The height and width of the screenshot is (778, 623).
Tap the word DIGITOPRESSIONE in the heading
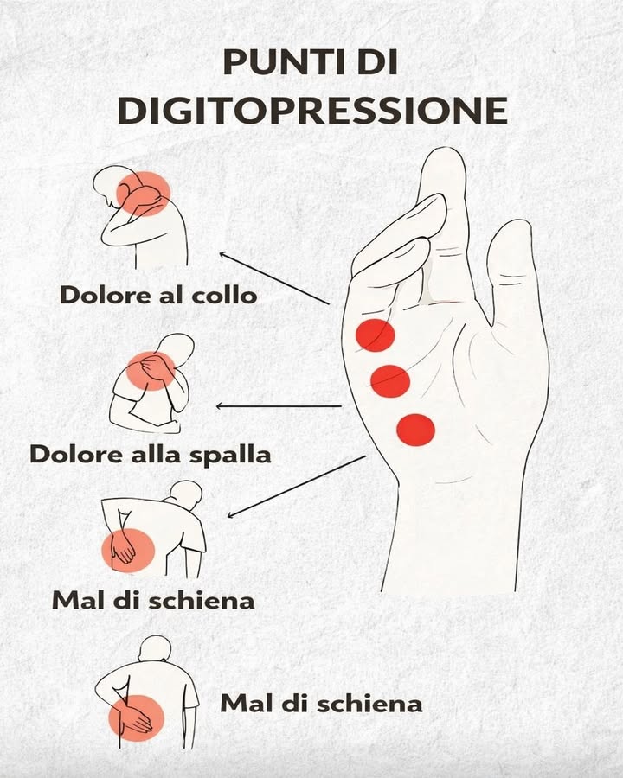[311, 110]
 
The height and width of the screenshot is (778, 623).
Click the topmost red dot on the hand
[376, 335]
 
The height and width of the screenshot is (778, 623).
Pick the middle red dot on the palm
[389, 379]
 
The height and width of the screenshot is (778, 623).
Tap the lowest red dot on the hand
[415, 429]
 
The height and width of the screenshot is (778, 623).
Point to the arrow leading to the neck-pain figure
[274, 278]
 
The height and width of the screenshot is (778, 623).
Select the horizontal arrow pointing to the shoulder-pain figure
[279, 405]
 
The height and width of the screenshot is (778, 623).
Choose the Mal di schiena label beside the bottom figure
[321, 703]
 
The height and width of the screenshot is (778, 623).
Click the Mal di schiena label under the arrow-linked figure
[153, 599]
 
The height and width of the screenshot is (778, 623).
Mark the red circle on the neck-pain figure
[143, 193]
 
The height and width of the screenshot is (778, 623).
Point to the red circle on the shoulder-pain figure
[151, 370]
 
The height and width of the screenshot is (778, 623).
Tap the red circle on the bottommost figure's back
[135, 717]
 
